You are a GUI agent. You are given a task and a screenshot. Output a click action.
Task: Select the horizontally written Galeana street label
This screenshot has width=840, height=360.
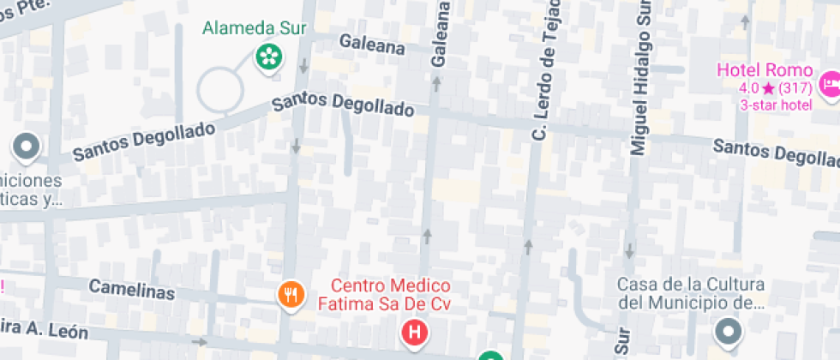[371, 42]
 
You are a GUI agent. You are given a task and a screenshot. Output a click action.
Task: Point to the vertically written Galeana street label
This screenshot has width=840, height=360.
[442, 34]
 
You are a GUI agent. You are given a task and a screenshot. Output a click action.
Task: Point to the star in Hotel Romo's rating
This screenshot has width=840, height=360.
[768, 88]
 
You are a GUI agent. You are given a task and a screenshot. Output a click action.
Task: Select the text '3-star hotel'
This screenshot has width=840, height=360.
[776, 105]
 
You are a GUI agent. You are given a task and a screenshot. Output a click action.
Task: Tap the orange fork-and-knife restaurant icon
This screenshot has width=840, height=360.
[291, 295]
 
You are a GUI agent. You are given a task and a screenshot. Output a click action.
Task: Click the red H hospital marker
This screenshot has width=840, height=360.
[415, 331]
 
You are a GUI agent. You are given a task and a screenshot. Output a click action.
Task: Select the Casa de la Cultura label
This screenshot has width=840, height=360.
[691, 293]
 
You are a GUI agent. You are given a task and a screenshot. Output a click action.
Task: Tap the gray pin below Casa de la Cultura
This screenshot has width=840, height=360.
[729, 331]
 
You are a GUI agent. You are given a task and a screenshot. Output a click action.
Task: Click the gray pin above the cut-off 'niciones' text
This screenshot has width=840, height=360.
[26, 147]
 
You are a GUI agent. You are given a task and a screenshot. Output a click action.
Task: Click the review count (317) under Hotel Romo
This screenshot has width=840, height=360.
[796, 88]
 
